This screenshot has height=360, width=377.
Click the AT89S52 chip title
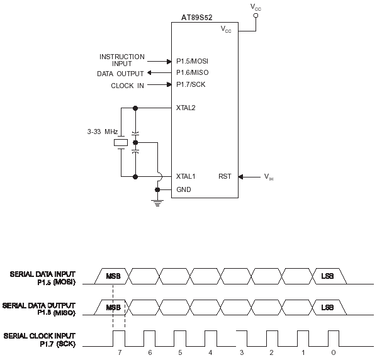coord(196,18)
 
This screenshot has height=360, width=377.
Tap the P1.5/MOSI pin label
coord(192,61)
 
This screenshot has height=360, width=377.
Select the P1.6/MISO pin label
coord(193,72)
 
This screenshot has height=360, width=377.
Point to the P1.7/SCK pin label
coord(191,84)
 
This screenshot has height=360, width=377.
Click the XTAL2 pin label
coord(186,108)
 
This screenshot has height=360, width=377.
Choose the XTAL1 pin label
coord(186,176)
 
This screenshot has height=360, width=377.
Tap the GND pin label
coord(183,189)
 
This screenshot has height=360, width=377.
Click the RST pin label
coord(225,176)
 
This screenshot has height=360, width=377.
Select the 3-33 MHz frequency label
coord(103,132)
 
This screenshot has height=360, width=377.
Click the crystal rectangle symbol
coord(121,143)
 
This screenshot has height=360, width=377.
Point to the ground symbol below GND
coord(157,203)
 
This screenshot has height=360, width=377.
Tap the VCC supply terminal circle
coord(256,16)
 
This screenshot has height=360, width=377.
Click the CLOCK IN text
coord(127,86)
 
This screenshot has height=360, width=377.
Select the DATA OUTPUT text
coord(120,74)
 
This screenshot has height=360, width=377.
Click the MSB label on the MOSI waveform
coord(113,276)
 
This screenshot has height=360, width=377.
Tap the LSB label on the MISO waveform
coord(327,308)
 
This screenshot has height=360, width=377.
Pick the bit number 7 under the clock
coord(120,352)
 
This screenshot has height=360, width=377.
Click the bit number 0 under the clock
coord(333,352)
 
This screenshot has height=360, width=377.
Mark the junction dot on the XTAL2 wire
coord(135,108)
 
